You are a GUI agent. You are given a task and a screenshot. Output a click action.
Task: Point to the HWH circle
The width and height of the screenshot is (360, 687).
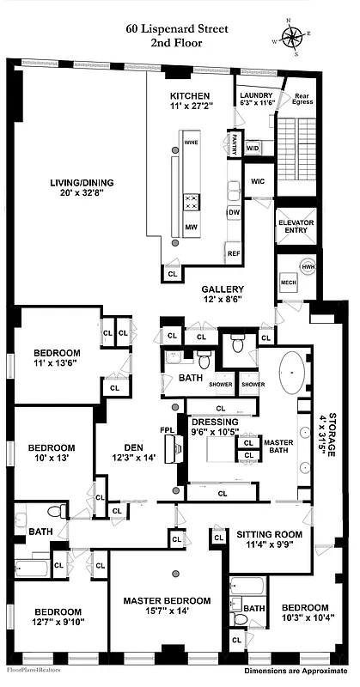coord(308,266)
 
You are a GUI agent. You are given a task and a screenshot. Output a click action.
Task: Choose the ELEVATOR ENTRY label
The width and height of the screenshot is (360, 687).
coord(296,228)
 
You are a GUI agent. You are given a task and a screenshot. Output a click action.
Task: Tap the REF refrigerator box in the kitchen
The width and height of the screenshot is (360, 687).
coord(234,252)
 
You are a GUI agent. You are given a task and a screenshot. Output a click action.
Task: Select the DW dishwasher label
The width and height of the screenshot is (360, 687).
coord(233,211)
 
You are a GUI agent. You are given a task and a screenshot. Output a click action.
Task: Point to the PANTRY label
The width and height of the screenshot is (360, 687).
coord(233,142)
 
